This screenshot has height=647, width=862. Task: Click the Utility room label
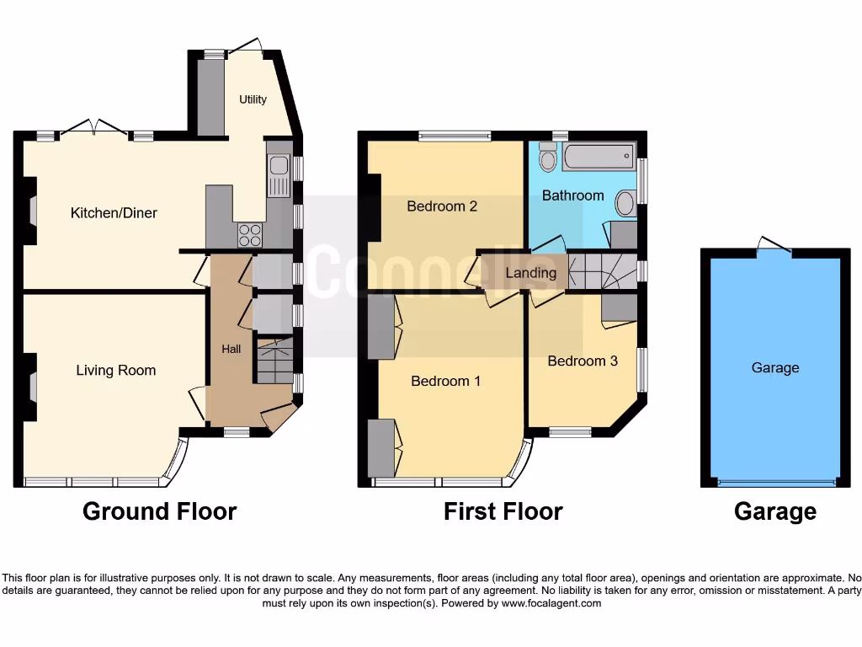[x=253, y=99]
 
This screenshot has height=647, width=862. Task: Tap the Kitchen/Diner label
[x=114, y=213]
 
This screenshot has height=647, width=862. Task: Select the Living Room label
[x=116, y=371]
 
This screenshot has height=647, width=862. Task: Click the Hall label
[x=231, y=349]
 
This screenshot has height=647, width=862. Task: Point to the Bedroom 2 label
[x=442, y=206]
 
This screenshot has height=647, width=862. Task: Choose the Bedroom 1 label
[x=445, y=382]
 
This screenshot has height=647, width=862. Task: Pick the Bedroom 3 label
[x=583, y=361]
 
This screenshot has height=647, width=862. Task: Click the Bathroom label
[x=572, y=195]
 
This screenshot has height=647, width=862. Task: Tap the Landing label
[x=530, y=273]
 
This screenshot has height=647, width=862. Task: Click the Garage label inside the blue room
[x=774, y=368]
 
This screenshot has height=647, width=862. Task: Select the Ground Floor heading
[x=159, y=511]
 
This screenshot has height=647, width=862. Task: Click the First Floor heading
[x=503, y=511]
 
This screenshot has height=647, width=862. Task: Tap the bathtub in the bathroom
[x=597, y=157]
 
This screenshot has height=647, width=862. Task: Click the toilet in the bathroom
[x=548, y=158]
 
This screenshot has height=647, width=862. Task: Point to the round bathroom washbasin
[x=626, y=203]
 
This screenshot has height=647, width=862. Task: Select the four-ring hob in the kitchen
[x=249, y=234]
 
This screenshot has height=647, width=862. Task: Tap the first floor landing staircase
[x=600, y=271]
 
